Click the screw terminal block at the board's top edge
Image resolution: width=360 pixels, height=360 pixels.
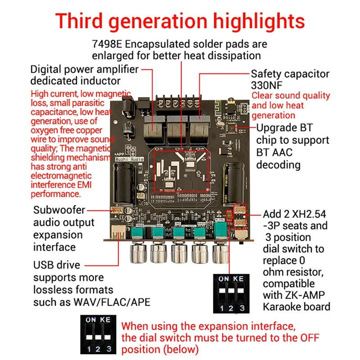[x=177, y=103]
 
